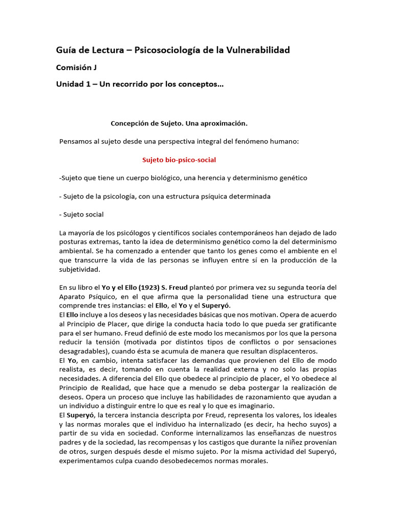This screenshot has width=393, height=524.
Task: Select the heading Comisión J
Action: (x=76, y=67)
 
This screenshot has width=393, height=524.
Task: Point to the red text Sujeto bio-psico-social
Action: (x=179, y=160)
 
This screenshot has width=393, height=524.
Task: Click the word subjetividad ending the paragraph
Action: (x=79, y=269)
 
